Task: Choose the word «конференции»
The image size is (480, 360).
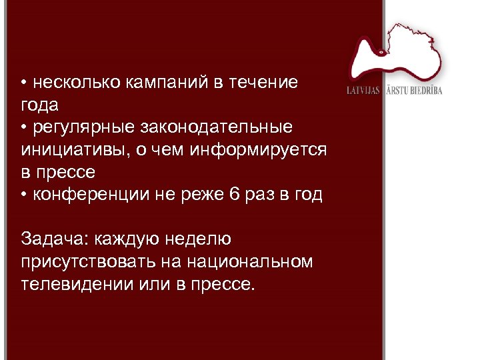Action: (x=81, y=195)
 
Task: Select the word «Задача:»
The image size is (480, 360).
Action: (x=55, y=239)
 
